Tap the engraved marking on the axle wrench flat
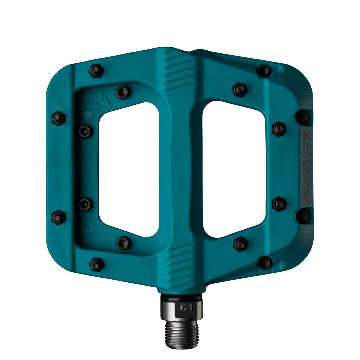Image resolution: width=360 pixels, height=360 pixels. (x=187, y=307)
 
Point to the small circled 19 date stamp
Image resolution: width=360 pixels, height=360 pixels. (x=256, y=91)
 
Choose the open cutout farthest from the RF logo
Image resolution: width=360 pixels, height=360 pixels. (x=234, y=169)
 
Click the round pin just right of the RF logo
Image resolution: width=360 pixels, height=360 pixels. (x=122, y=92)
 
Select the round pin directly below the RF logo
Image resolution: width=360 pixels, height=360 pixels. (x=85, y=131)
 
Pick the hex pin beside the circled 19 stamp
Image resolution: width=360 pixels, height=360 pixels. (x=240, y=89)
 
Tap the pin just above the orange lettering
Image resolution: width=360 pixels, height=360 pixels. (x=302, y=117)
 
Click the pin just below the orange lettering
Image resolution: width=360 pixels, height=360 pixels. (x=302, y=216)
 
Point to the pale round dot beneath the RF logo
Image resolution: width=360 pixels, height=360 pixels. (x=87, y=114)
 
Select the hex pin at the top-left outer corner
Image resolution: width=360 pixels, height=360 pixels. (x=96, y=71)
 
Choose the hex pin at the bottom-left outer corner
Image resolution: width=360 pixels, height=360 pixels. (x=97, y=265)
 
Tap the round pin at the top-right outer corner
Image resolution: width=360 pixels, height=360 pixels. (x=264, y=71)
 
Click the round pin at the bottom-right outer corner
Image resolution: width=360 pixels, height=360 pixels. (x=265, y=263)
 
